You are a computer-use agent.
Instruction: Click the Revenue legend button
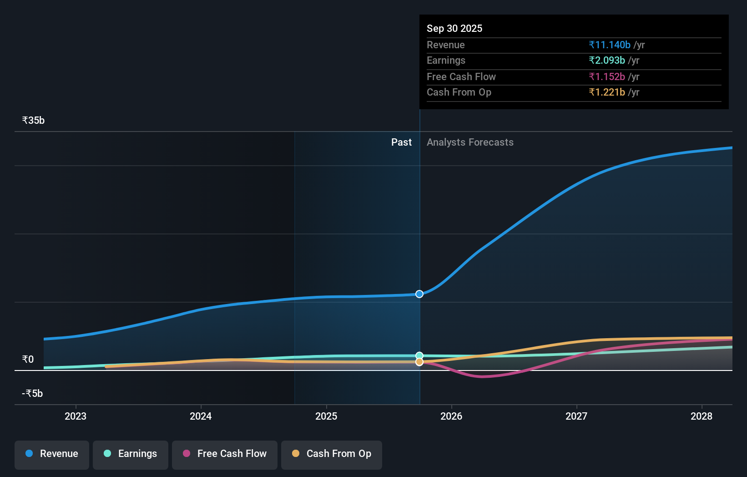[x=52, y=454]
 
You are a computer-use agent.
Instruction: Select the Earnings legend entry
[x=131, y=454]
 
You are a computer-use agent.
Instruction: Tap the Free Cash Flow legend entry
[x=225, y=454]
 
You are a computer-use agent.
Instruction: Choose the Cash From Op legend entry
[x=332, y=454]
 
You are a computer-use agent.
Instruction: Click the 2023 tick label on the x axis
[x=76, y=416]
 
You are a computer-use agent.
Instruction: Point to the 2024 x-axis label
[x=201, y=416]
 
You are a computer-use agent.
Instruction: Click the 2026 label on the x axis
[x=451, y=416]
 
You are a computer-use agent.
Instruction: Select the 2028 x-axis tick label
[x=702, y=416]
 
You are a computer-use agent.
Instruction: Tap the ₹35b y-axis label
[x=33, y=121]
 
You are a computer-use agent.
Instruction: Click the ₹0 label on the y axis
[x=28, y=360]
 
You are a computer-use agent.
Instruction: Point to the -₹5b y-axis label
[x=32, y=394]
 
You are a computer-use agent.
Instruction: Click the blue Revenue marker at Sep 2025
[x=419, y=294]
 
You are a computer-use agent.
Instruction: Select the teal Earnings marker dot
[x=419, y=355]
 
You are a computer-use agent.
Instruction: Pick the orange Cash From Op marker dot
[x=419, y=362]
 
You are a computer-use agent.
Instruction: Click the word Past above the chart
[x=401, y=142]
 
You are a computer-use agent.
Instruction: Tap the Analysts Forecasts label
[x=470, y=142]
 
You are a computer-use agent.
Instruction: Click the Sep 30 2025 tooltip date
[x=454, y=28]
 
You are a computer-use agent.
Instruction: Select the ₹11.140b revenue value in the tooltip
[x=610, y=45]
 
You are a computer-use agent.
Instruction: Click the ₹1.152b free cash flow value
[x=607, y=76]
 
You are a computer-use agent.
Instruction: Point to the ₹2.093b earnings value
[x=607, y=61]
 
